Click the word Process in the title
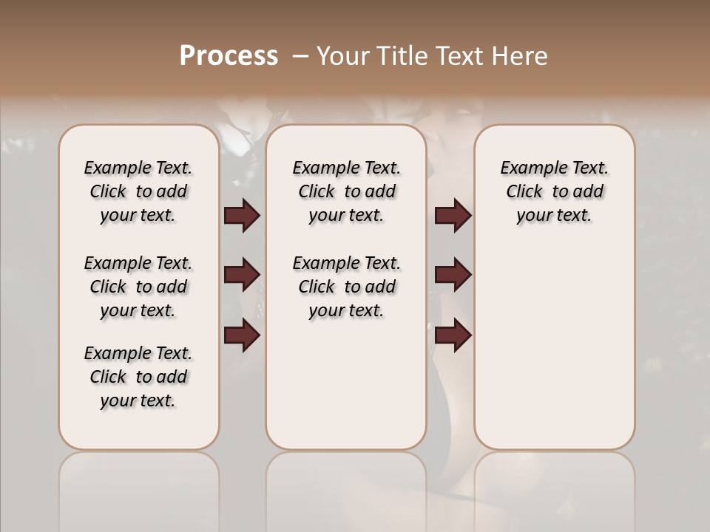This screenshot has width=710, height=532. [229, 56]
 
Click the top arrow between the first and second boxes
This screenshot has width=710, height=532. [242, 216]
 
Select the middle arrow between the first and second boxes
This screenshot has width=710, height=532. [242, 275]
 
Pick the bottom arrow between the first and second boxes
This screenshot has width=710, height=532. [242, 335]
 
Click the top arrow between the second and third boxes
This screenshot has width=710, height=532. [453, 216]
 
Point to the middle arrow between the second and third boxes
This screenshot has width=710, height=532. [453, 275]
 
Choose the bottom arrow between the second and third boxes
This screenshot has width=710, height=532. [453, 335]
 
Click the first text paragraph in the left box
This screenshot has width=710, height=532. [138, 191]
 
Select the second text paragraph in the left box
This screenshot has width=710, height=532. [138, 287]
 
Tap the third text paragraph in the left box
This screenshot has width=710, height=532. [138, 377]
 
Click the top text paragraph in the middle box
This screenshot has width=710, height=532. [346, 191]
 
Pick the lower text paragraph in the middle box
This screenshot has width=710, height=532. [346, 287]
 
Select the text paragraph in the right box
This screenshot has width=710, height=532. [554, 191]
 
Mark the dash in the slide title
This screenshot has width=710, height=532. [300, 56]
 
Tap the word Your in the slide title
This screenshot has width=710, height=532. [341, 56]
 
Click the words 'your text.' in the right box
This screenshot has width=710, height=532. [554, 216]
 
